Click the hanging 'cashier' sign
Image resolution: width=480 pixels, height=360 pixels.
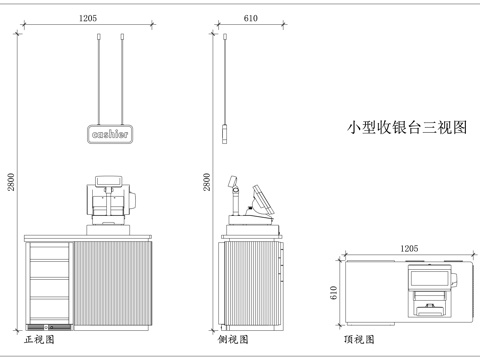(x=110, y=133)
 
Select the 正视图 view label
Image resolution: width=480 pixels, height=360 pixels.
(x=40, y=340)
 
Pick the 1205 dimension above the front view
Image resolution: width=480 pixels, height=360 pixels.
(x=88, y=18)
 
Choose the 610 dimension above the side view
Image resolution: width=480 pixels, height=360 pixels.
(x=251, y=18)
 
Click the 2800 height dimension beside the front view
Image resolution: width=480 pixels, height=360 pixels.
(x=10, y=181)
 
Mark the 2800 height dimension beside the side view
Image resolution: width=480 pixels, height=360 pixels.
(x=207, y=181)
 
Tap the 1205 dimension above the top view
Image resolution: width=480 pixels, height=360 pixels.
(x=408, y=247)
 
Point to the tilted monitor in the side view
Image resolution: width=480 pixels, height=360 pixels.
(x=262, y=200)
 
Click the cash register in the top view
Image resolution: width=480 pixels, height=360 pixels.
(x=429, y=289)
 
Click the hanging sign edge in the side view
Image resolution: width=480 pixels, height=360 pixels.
(x=227, y=133)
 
